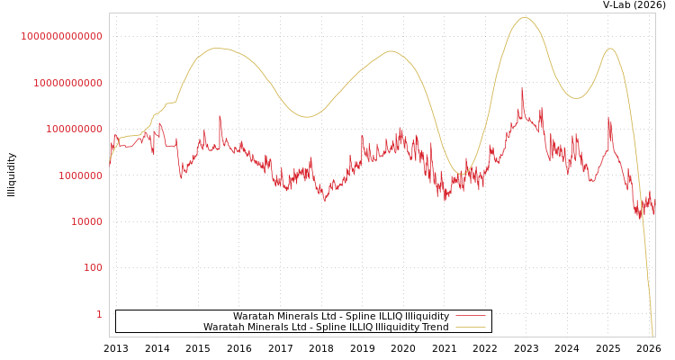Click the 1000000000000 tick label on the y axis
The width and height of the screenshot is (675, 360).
coord(61,36)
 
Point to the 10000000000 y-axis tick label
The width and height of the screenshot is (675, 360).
coord(67,83)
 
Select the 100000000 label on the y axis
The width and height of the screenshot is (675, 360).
coord(73,129)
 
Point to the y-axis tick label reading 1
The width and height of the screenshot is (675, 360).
coord(99,314)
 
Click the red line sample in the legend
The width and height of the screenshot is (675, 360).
coord(471,316)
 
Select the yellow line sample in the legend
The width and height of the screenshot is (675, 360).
coord(471,327)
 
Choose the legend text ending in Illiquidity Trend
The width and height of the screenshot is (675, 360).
coord(326,327)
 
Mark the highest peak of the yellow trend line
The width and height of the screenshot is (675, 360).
coord(525,17)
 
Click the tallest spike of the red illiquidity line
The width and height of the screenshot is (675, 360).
coord(522,88)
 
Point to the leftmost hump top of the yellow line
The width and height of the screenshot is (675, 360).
coord(216,49)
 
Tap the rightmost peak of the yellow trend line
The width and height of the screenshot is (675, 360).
coord(610,49)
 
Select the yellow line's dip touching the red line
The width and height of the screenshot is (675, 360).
coord(462,173)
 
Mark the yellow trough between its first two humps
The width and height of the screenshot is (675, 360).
coord(306,116)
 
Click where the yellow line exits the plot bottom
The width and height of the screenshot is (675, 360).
coord(652,335)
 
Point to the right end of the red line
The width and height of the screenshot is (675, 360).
coord(654,212)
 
